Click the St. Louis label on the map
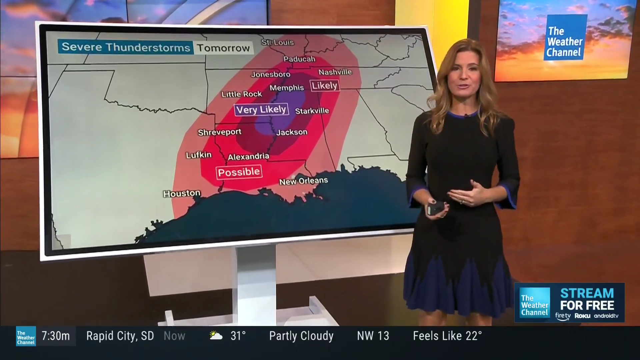[x=278, y=42]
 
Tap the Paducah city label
[x=299, y=59]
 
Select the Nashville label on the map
[x=335, y=72]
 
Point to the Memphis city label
[x=287, y=88]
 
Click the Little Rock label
[x=242, y=94]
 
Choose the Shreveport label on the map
[x=219, y=132]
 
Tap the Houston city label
[x=182, y=194]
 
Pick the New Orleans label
[x=303, y=181]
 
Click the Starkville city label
[x=312, y=111]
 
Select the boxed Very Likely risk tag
[x=261, y=110]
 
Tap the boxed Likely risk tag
[x=325, y=86]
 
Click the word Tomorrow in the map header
[x=223, y=48]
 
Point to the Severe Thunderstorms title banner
[x=126, y=47]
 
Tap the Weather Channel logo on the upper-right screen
[x=565, y=37]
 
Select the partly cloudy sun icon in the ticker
[x=216, y=335]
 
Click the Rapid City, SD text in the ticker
[x=120, y=336]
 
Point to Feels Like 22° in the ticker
[x=447, y=336]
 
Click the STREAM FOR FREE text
[x=587, y=299]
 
